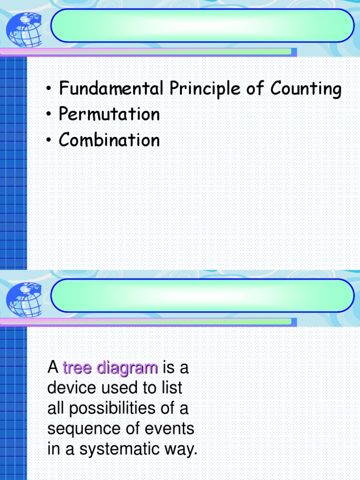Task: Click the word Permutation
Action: pos(109,114)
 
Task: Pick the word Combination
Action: pos(109,140)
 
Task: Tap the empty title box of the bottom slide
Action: pos(202,295)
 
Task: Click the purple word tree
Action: pos(77,368)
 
